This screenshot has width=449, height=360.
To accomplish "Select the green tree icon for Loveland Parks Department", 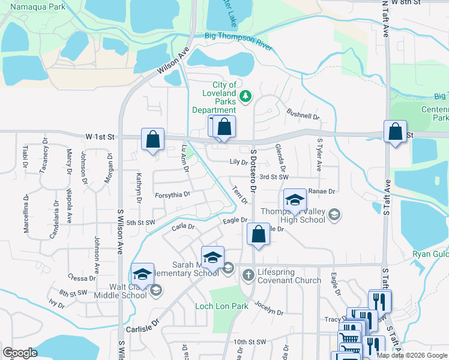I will (245, 96).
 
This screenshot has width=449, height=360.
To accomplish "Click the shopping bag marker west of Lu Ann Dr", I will (153, 139).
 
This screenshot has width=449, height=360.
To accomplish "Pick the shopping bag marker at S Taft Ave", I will (396, 133).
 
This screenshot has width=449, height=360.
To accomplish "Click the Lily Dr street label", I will (238, 162).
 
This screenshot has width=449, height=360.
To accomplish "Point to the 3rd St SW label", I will (276, 177).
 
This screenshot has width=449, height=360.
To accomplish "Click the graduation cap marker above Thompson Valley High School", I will (295, 200).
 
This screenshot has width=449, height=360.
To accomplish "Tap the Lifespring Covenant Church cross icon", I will (249, 275).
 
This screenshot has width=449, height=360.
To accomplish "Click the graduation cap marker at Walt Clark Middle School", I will (142, 274).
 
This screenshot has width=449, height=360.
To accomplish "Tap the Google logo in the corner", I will (20, 353).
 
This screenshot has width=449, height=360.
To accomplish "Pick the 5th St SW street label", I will (140, 223).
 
